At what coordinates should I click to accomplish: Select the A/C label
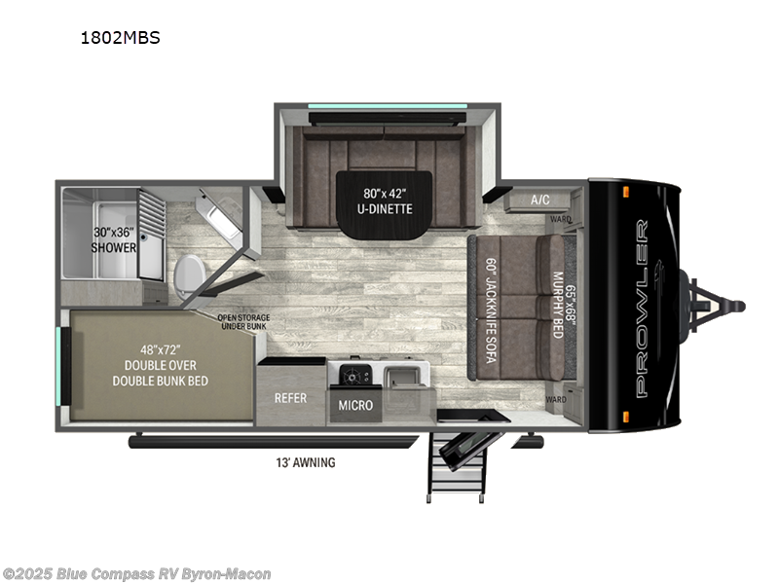539,200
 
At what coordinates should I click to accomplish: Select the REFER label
290,398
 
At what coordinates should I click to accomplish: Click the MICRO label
355,404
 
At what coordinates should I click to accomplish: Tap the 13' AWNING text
305,462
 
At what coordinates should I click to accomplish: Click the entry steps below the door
457,467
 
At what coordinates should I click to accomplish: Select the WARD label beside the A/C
559,219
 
